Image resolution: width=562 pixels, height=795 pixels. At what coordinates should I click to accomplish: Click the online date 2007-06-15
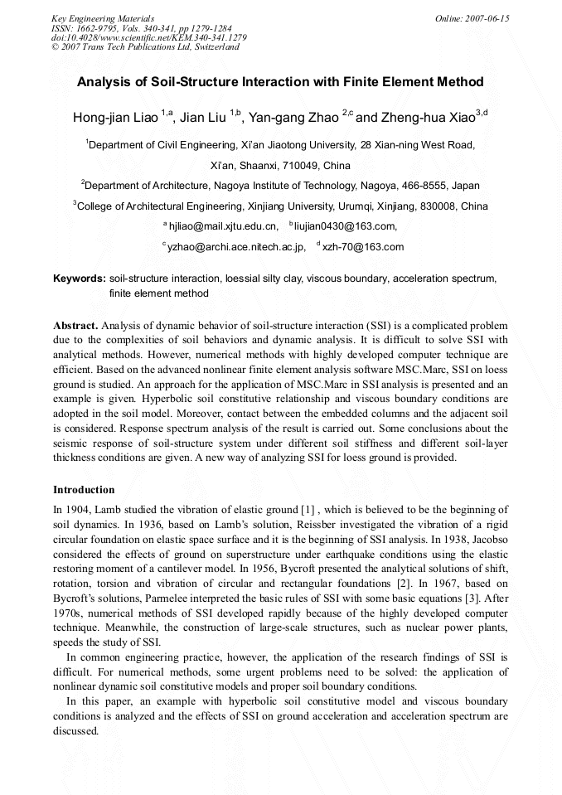pos(490,18)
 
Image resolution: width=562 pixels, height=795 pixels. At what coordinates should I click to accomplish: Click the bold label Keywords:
pos(79,279)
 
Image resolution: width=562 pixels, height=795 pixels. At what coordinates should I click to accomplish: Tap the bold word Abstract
pos(75,326)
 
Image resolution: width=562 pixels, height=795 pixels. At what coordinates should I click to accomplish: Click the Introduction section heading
pos(84,490)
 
